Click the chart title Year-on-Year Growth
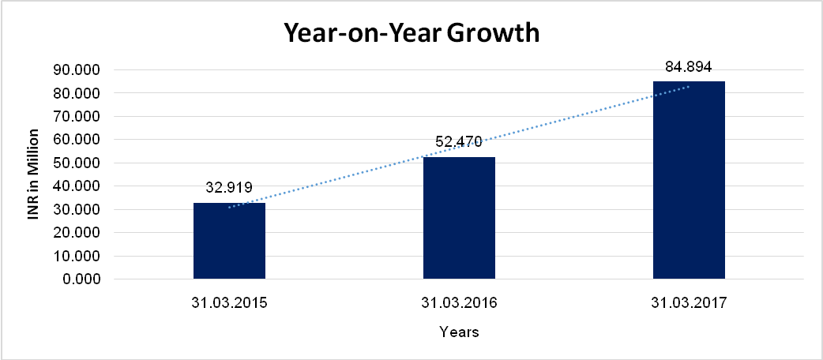tap(411, 34)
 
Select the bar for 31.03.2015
tap(229, 241)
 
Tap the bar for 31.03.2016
tap(459, 218)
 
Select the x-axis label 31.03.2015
tap(229, 302)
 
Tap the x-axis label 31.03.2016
tap(459, 302)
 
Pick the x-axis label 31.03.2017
tap(689, 302)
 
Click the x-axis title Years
tap(459, 332)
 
